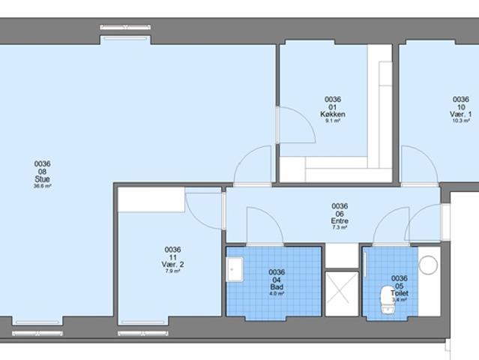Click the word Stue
tap(42, 178)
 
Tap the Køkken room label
tap(332, 114)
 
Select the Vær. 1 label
tap(460, 113)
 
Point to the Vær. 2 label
tap(173, 264)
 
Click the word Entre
tap(340, 221)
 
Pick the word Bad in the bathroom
tap(277, 286)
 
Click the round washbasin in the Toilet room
tap(428, 265)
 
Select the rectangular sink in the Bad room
tap(235, 268)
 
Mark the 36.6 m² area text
tap(42, 186)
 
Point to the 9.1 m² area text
tap(332, 121)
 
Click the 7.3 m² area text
tap(340, 228)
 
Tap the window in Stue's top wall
tap(127, 30)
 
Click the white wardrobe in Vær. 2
tap(151, 199)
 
